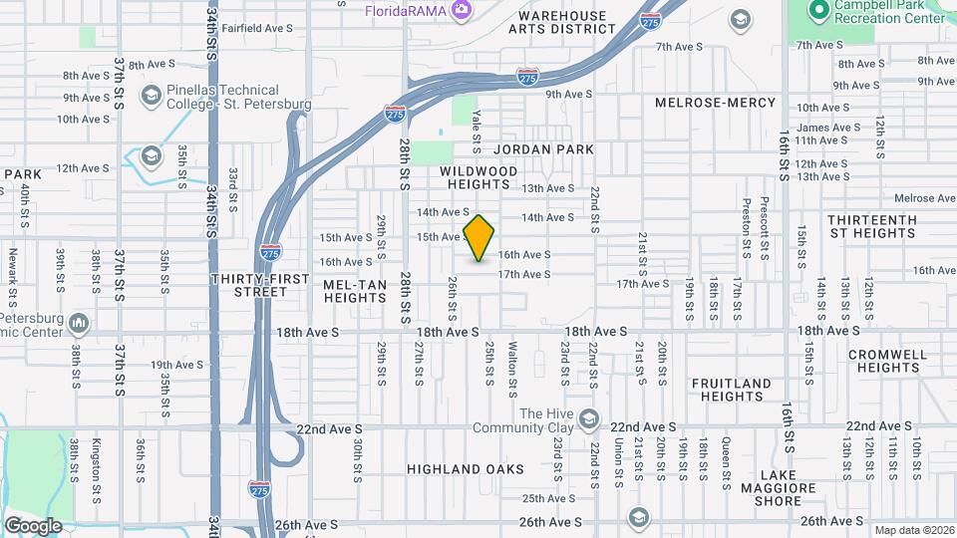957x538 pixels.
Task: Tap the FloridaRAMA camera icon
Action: coord(461,10)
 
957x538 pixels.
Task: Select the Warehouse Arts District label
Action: coord(557,22)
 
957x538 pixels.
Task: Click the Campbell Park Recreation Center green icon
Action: coord(818,10)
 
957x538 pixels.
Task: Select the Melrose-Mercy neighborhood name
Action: coord(715,103)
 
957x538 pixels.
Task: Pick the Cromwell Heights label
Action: coord(887,361)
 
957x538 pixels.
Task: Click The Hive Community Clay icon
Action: coord(588,417)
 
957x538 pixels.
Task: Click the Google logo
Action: coord(32,525)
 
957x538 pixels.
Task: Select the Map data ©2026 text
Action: coord(912,530)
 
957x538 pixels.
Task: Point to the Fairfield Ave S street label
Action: coord(256,28)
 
